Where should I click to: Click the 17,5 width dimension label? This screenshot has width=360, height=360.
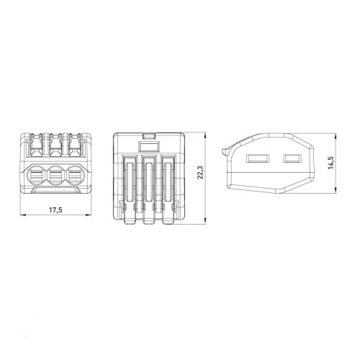point(55,210)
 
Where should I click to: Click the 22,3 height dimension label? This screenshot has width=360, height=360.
point(200,172)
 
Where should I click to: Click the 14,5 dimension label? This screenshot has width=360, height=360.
point(330,163)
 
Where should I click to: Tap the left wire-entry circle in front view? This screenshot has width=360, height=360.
point(36,176)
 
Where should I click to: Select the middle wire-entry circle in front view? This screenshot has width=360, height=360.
point(56,176)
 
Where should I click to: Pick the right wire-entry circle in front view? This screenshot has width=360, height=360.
point(76,176)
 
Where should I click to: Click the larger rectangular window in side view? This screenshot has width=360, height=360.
point(258,158)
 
